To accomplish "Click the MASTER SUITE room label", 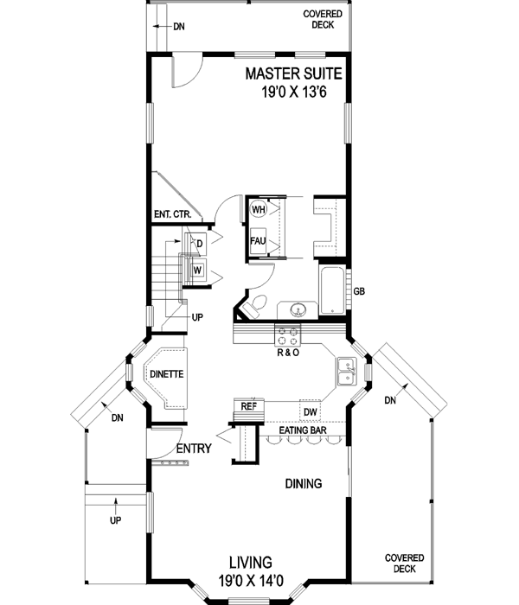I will click(x=293, y=73).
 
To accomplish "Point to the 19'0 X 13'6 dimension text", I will click(x=293, y=91).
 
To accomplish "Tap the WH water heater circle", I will click(x=258, y=209).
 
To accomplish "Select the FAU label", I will click(x=258, y=240).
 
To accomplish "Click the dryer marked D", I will click(x=199, y=244).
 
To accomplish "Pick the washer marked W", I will click(x=198, y=270).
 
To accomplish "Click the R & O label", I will click(x=287, y=353).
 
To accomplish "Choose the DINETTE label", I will click(x=166, y=375).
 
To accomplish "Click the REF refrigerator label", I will click(x=248, y=405).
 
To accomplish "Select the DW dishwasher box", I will click(x=310, y=411).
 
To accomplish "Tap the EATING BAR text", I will click(x=303, y=430).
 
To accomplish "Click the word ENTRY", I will click(x=194, y=449).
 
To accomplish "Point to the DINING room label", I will click(x=303, y=484).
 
